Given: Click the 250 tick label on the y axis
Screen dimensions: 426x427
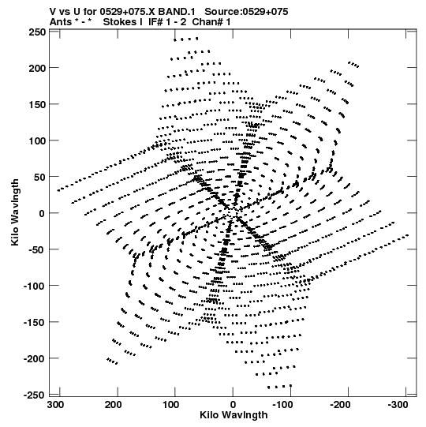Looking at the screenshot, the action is (x=37, y=32).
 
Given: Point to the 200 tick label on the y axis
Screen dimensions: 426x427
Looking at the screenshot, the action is (x=37, y=68).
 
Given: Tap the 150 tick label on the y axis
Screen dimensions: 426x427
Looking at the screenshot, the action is (x=37, y=104).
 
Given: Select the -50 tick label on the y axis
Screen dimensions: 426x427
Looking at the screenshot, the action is (x=35, y=249).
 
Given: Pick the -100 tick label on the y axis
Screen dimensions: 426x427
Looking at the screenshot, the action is (x=35, y=286).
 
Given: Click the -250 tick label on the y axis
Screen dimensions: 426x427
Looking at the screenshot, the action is (x=35, y=395).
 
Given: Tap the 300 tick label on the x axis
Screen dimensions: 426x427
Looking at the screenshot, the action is (x=56, y=405).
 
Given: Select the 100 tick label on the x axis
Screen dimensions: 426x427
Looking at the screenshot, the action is (x=171, y=405).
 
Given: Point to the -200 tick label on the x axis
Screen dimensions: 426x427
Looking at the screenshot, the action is (x=340, y=405).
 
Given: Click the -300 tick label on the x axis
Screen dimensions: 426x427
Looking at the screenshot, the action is (x=398, y=405).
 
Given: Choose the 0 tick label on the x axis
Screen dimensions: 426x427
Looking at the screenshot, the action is (x=233, y=405).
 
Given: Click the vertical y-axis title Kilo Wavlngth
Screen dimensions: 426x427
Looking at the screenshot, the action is (x=15, y=212).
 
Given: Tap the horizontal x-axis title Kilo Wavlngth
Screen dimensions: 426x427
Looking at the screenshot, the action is (x=234, y=415).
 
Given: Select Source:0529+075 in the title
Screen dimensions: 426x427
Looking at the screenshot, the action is (x=246, y=12).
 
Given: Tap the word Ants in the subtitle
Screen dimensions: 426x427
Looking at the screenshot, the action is (x=61, y=22).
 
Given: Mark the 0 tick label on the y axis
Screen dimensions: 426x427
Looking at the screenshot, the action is (x=42, y=213).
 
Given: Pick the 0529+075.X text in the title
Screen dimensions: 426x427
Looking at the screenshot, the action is (x=128, y=12).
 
